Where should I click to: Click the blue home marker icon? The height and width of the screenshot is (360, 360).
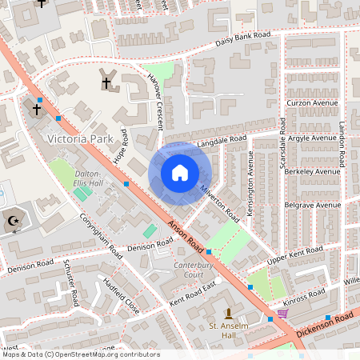pos(180,172)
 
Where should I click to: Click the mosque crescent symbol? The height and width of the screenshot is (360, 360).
pos(13,221)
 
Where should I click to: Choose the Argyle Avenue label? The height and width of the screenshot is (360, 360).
pos(311,138)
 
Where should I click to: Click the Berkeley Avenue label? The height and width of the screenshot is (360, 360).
pos(311,171)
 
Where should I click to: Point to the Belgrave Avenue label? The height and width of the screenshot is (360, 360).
pos(311,205)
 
